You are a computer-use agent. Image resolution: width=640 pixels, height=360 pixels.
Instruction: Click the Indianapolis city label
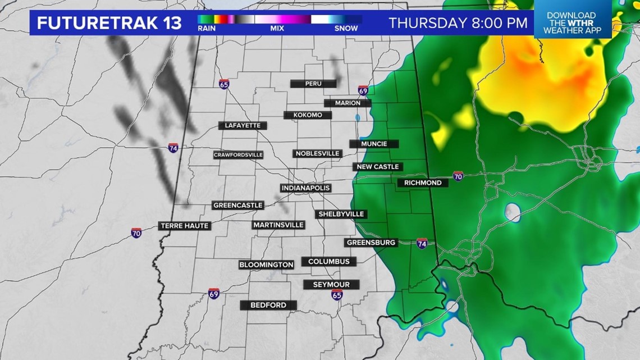(x=305, y=188)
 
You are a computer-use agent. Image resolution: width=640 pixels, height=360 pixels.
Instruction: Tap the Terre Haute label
(x=185, y=226)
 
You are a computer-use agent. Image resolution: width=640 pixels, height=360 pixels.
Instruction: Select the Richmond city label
(x=422, y=183)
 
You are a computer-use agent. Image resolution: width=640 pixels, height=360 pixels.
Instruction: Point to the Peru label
(x=313, y=84)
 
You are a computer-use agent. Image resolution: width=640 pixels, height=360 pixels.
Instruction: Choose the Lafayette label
(x=243, y=125)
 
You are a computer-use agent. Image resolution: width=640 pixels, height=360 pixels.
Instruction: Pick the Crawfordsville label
(x=238, y=155)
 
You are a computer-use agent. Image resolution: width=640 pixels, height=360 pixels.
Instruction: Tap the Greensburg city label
(x=371, y=243)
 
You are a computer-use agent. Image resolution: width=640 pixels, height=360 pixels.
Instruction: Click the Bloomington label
(x=266, y=265)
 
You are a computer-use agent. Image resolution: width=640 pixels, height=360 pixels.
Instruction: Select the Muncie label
(x=374, y=144)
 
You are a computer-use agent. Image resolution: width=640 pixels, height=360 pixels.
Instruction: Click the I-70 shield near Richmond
(x=458, y=176)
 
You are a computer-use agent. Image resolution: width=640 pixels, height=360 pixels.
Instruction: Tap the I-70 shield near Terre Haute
(x=136, y=233)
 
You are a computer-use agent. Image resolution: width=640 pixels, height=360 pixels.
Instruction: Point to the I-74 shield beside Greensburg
(x=422, y=243)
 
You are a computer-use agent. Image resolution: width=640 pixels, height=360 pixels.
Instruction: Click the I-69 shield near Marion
(x=363, y=90)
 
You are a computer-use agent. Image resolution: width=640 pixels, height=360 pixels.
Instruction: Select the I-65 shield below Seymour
(x=337, y=295)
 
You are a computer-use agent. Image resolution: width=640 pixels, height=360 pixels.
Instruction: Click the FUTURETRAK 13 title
(x=109, y=23)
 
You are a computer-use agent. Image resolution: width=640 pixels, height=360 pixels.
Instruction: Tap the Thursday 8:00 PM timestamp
(x=458, y=23)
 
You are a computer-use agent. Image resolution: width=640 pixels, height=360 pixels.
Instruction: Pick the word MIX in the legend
(x=277, y=28)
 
